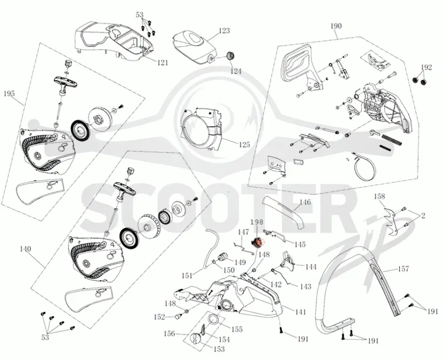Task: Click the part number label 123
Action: click(224, 30)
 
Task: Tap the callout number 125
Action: click(244, 145)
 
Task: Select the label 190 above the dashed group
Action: click(336, 26)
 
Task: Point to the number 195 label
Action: click(9, 94)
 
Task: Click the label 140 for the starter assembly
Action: click(25, 249)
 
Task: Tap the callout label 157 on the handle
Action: click(403, 269)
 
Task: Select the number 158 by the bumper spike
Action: click(380, 196)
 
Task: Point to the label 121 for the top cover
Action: click(162, 63)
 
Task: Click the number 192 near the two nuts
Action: click(426, 68)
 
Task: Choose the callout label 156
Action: click(169, 334)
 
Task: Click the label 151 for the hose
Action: click(187, 275)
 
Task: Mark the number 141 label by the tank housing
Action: click(300, 312)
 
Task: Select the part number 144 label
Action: click(311, 267)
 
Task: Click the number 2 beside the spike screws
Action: click(423, 216)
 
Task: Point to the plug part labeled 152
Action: click(178, 316)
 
